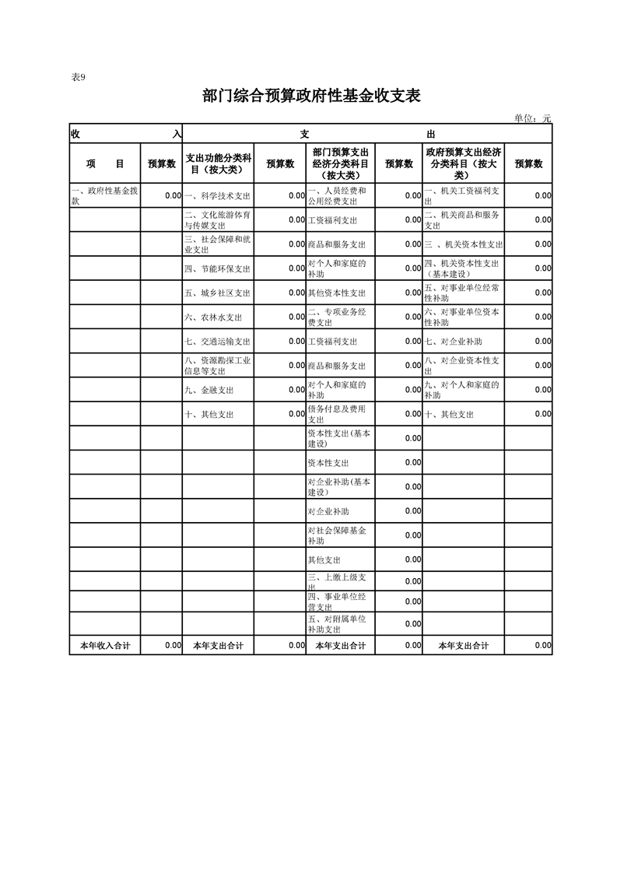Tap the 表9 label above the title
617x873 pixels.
(x=78, y=77)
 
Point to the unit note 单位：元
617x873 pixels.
(x=533, y=118)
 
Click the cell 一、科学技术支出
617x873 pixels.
(x=218, y=196)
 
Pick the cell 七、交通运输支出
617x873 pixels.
(x=218, y=342)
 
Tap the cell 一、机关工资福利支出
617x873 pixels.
(x=465, y=195)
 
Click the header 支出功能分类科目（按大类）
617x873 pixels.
(x=218, y=163)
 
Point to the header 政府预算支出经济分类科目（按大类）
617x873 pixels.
(x=465, y=163)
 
